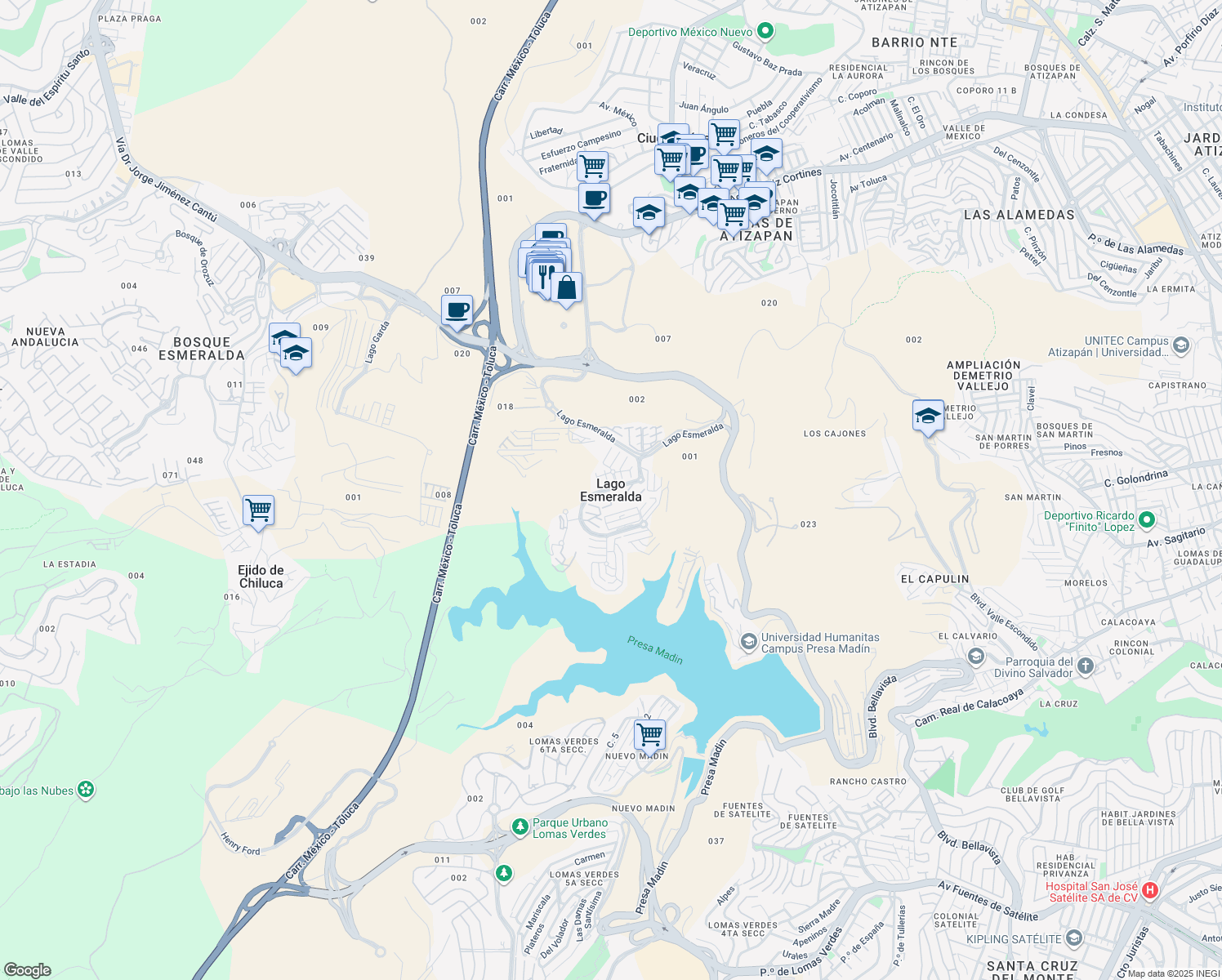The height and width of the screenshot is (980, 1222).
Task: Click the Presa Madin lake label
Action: [655, 650]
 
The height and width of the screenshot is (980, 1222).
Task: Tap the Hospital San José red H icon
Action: [1150, 891]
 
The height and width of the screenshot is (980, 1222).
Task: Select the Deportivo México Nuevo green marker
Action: [765, 32]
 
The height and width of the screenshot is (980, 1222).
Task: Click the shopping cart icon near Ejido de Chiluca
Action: [258, 510]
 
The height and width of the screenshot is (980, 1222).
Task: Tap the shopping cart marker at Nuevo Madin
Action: [650, 733]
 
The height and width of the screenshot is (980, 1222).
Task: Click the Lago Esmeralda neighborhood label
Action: [610, 490]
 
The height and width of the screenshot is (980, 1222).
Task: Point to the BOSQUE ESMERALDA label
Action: [202, 349]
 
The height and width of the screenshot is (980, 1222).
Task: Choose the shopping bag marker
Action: [566, 287]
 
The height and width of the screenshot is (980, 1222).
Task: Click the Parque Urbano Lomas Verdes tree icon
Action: [520, 827]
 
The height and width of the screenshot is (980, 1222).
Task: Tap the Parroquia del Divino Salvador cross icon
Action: [1086, 666]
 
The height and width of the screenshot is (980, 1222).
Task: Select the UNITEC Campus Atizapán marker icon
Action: [1181, 345]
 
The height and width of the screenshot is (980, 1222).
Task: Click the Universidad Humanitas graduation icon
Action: [748, 642]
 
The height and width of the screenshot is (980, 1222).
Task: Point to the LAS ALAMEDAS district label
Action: [1019, 215]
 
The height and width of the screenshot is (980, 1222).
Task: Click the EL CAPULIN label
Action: [934, 579]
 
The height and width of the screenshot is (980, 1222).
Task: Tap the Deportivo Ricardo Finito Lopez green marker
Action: [1147, 519]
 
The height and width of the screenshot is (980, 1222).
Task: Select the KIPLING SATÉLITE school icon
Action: [1074, 938]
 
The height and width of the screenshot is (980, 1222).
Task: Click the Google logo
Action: [28, 970]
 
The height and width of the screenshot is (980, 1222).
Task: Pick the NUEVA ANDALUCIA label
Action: [45, 336]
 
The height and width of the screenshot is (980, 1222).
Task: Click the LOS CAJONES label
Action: [834, 434]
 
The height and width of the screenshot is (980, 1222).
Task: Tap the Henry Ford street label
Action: [240, 844]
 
